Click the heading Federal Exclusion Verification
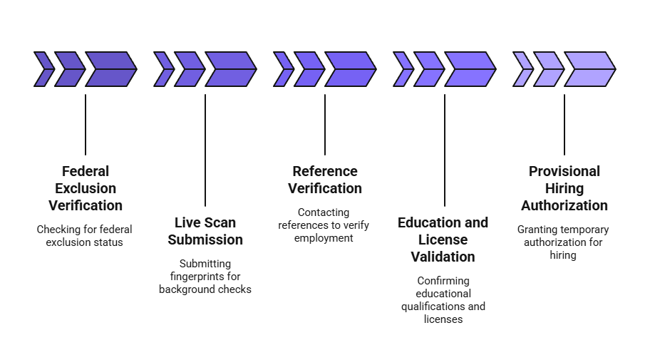[86, 188]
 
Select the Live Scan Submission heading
[205, 230]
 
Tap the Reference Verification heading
[325, 180]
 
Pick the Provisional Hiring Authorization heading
[564, 188]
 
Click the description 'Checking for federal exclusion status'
[85, 235]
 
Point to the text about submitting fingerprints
[205, 276]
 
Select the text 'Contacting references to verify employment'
[324, 225]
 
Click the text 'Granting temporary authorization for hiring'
[563, 242]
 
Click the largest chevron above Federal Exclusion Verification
[111, 69]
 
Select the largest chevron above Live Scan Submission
[231, 69]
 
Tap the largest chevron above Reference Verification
[351, 69]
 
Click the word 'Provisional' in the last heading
[564, 171]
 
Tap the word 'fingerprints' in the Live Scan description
[205, 276]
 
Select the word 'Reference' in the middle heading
[325, 171]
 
